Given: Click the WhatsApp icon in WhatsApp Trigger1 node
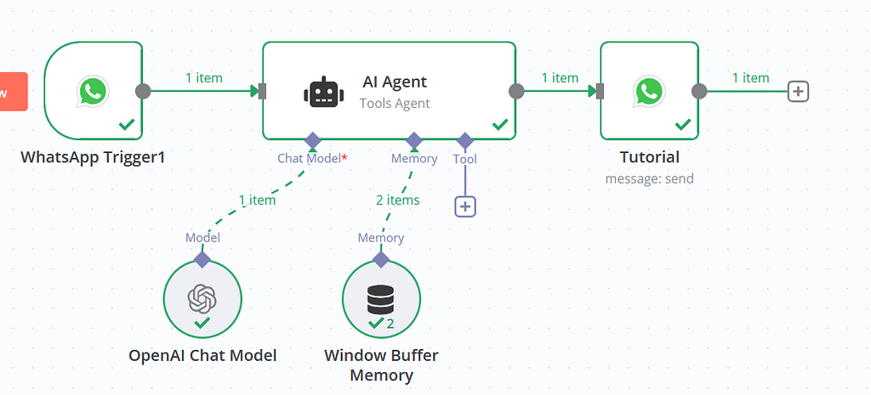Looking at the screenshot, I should (x=92, y=91).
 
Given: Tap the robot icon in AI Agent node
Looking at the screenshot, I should (x=321, y=92).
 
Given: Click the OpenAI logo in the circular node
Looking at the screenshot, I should (x=202, y=297).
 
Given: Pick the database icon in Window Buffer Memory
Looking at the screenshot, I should (x=380, y=298).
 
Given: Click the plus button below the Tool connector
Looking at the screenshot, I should (x=465, y=206).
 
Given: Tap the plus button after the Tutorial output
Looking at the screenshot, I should (x=798, y=91).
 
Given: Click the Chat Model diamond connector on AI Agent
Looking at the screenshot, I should (x=312, y=139).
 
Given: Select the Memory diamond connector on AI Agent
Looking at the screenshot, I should (x=414, y=139).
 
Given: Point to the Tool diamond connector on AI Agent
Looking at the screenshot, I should (x=465, y=139).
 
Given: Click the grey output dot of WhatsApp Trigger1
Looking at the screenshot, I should (x=143, y=91).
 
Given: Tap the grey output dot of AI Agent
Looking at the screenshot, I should (x=516, y=91).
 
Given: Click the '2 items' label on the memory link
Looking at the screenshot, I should (x=397, y=200).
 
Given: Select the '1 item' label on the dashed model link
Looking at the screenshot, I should (x=257, y=200).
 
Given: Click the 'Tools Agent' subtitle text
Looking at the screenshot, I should (x=395, y=104).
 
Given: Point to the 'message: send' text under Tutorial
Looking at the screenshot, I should (x=649, y=178).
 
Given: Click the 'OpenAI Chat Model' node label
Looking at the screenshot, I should (x=202, y=356).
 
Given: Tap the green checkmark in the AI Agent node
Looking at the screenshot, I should (x=500, y=125).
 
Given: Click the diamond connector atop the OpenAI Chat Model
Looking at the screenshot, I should (x=202, y=258).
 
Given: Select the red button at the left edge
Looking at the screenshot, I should (x=13, y=91).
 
